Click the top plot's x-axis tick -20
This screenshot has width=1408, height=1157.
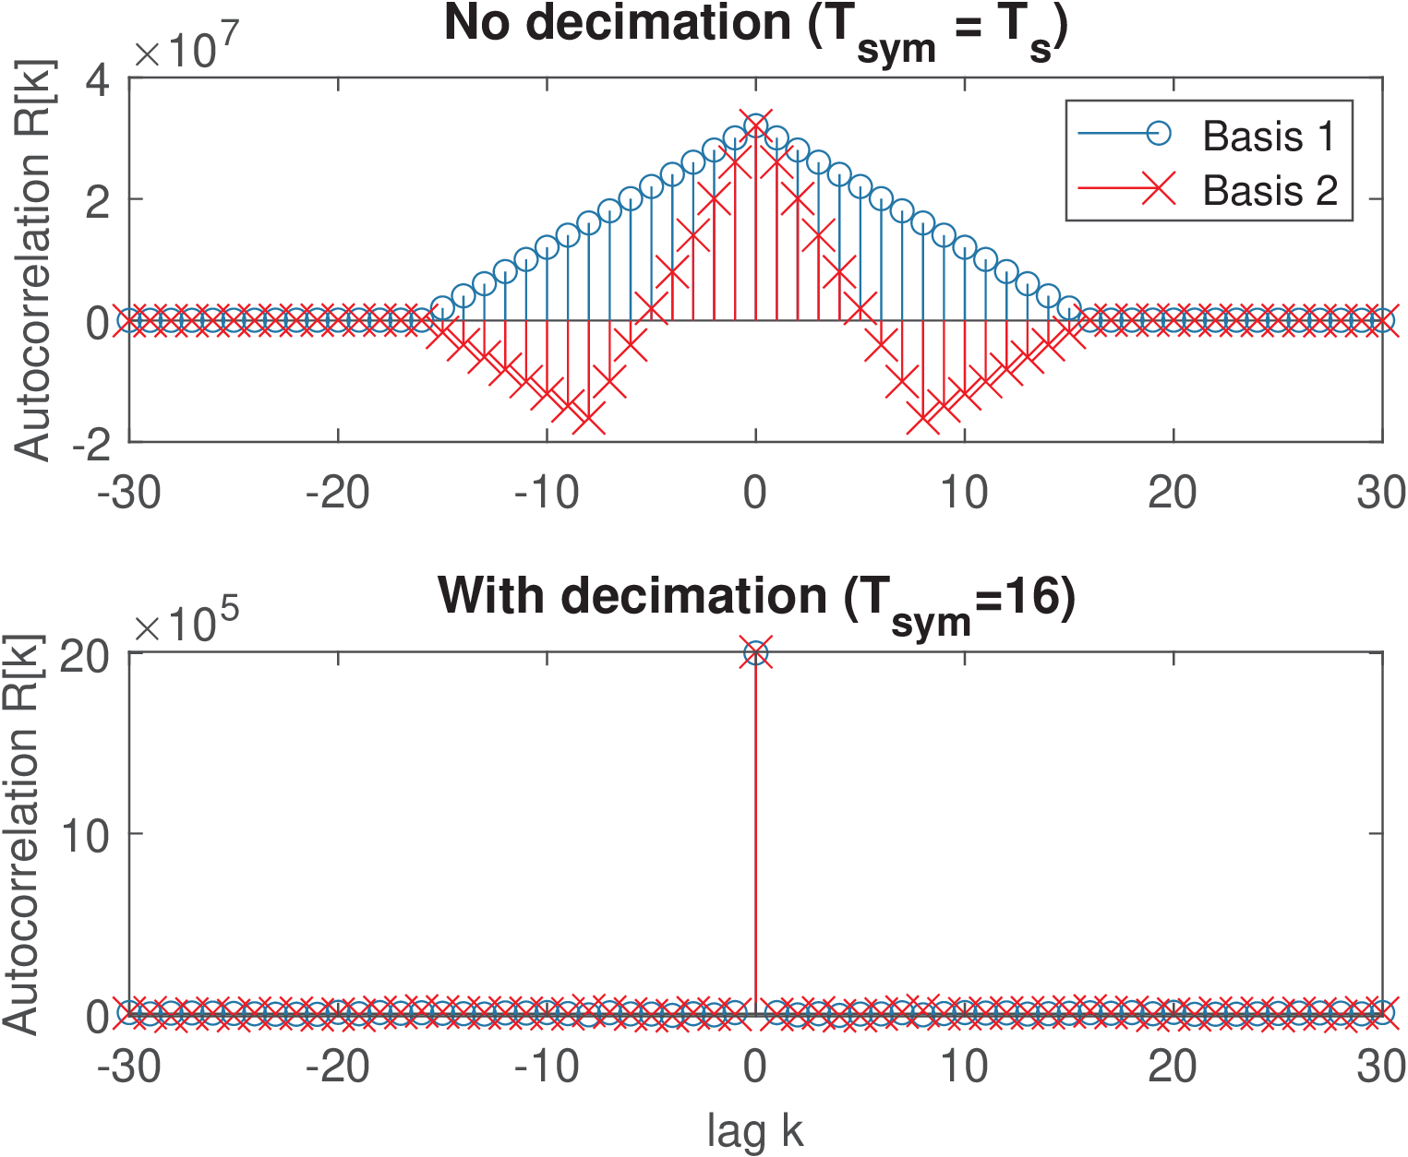click(x=338, y=494)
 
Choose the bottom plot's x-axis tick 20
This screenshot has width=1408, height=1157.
click(x=1173, y=1068)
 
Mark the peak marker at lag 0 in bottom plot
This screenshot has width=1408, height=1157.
click(x=756, y=653)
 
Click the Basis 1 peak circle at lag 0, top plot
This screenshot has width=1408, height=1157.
click(x=756, y=125)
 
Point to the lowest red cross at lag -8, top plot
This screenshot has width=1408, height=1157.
click(x=589, y=420)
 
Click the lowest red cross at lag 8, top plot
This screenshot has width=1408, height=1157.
click(x=923, y=420)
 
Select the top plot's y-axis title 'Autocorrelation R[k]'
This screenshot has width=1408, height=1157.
click(x=33, y=261)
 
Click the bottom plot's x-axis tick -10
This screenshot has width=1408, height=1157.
click(x=547, y=1068)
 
